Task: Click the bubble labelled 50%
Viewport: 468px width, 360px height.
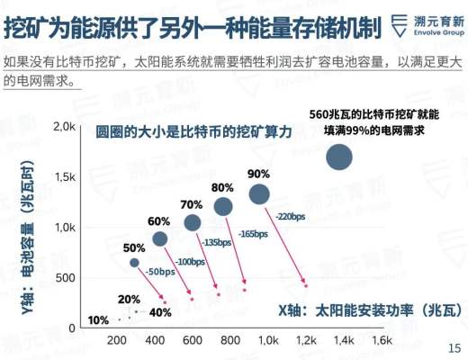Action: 135,263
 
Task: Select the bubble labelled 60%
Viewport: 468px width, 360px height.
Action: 160,238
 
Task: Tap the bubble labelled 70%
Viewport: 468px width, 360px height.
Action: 192,222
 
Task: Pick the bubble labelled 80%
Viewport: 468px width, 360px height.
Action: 223,207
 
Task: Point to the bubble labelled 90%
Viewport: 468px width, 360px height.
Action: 259,193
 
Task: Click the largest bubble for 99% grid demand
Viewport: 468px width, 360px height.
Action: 340,157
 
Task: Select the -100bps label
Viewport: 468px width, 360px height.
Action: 189,261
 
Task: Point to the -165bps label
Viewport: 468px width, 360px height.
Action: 253,233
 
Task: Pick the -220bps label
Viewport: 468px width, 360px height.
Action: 291,217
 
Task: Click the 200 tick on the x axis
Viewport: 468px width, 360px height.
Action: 116,341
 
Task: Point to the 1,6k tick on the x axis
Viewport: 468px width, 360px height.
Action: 382,341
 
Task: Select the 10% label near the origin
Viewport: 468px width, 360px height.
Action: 99,320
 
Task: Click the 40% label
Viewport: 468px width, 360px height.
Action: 160,312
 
